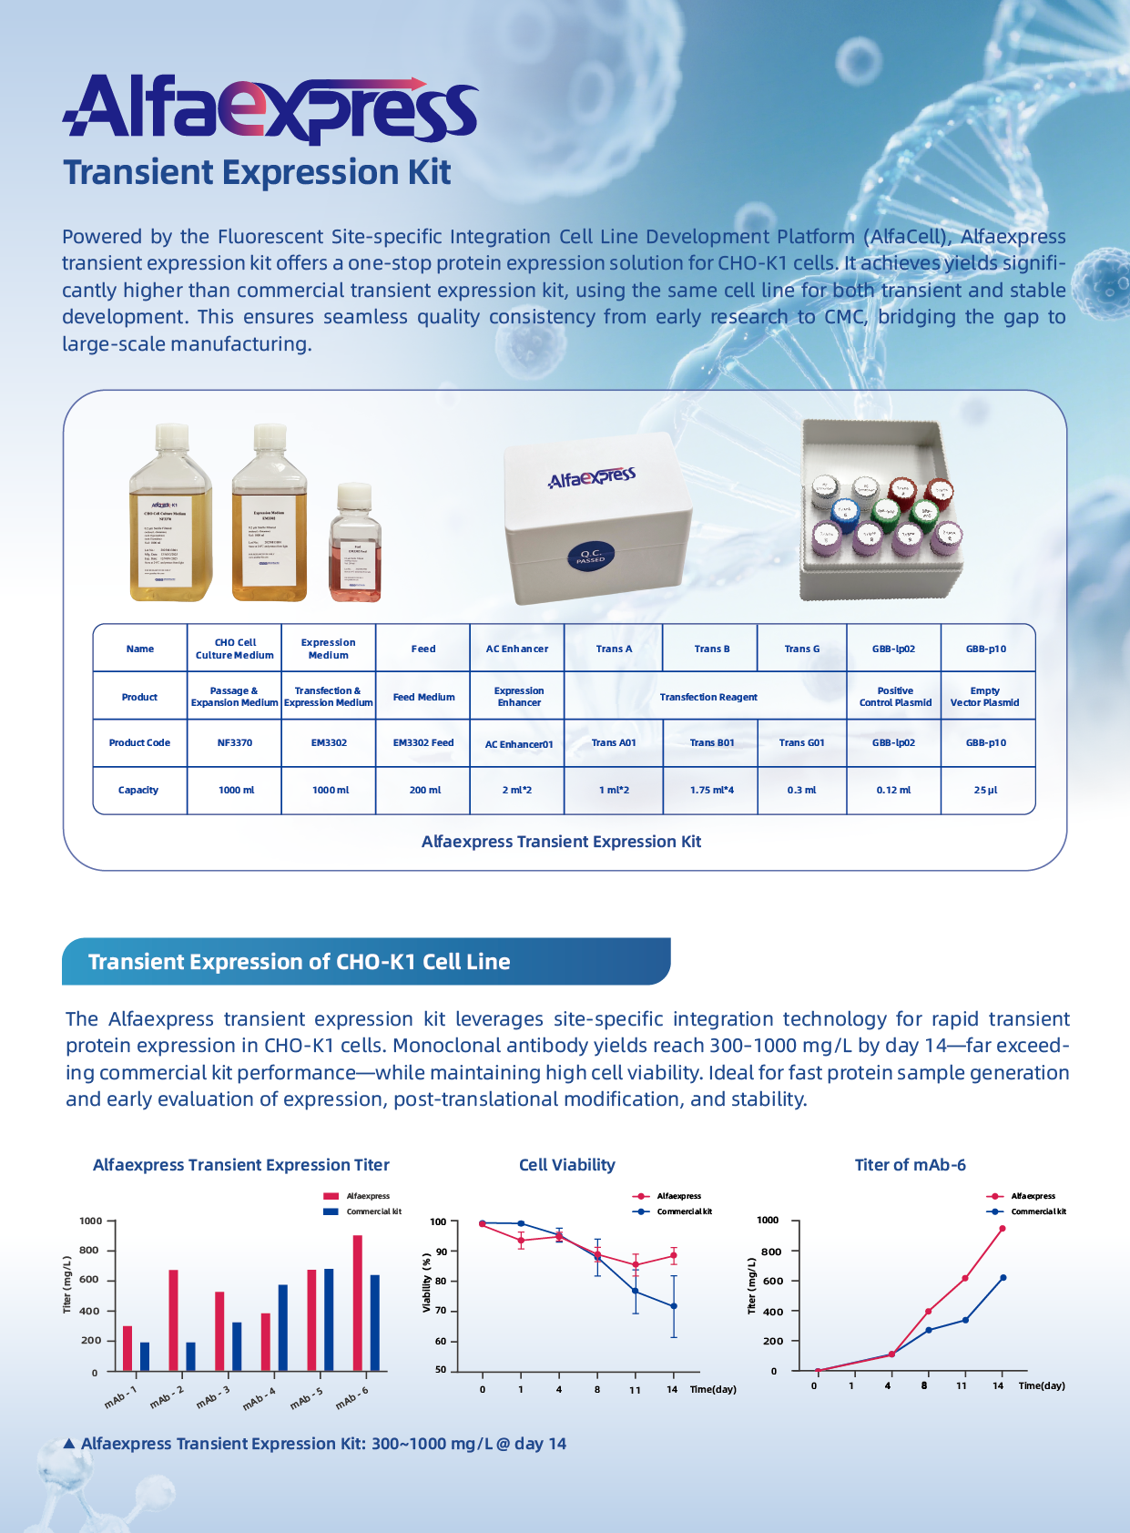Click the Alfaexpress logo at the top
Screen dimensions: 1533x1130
point(270,109)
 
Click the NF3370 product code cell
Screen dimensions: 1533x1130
point(235,743)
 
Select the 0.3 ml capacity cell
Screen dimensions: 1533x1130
point(801,791)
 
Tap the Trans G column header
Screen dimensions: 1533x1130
point(801,649)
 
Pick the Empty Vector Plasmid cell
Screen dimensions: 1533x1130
point(984,697)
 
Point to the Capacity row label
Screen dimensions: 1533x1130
point(138,791)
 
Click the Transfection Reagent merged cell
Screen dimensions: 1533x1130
point(708,698)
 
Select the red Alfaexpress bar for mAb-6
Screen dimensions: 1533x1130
point(358,1303)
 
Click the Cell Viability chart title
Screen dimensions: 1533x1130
point(566,1165)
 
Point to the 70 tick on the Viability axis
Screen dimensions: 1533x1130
point(441,1312)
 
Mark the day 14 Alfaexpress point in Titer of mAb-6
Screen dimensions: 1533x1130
point(1003,1229)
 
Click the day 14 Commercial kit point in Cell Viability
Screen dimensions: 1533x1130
point(674,1306)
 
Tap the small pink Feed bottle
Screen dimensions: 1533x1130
point(354,547)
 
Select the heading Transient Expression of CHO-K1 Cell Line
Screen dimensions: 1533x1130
point(299,962)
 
